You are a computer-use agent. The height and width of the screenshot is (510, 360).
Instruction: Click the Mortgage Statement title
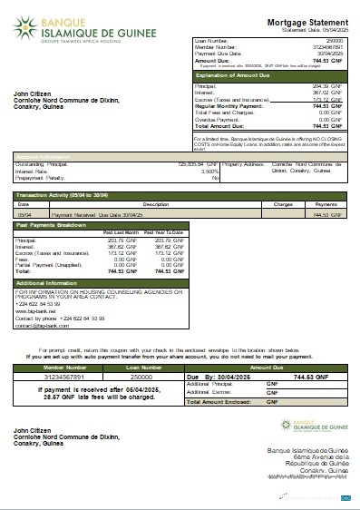306,21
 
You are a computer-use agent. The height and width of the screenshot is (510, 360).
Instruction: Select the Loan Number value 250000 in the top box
336,42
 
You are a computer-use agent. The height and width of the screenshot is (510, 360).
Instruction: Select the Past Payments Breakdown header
54,224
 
